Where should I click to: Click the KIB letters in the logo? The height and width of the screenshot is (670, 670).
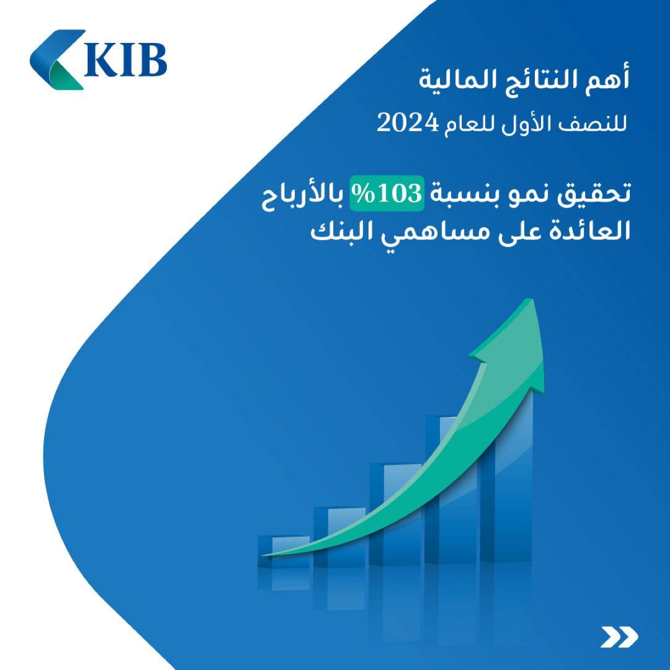click(126, 60)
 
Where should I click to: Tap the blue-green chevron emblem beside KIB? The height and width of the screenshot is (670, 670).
click(58, 59)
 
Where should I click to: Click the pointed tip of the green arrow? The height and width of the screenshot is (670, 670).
click(530, 299)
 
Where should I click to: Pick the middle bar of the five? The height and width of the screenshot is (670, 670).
click(395, 514)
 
